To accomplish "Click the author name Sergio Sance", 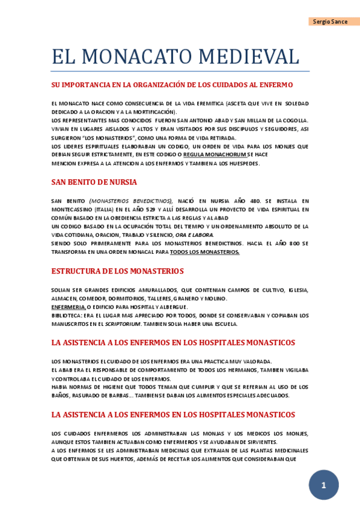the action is tap(330, 22).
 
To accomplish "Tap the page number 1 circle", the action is tap(323, 485).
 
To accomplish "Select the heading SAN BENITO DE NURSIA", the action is tap(94, 182).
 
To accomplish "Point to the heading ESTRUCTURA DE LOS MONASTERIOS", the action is tap(117, 271).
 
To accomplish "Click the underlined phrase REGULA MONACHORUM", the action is tap(215, 155).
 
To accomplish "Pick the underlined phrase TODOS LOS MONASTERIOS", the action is tap(204, 252).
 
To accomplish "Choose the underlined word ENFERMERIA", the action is tap(68, 307).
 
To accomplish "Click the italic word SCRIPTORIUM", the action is tap(123, 324).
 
